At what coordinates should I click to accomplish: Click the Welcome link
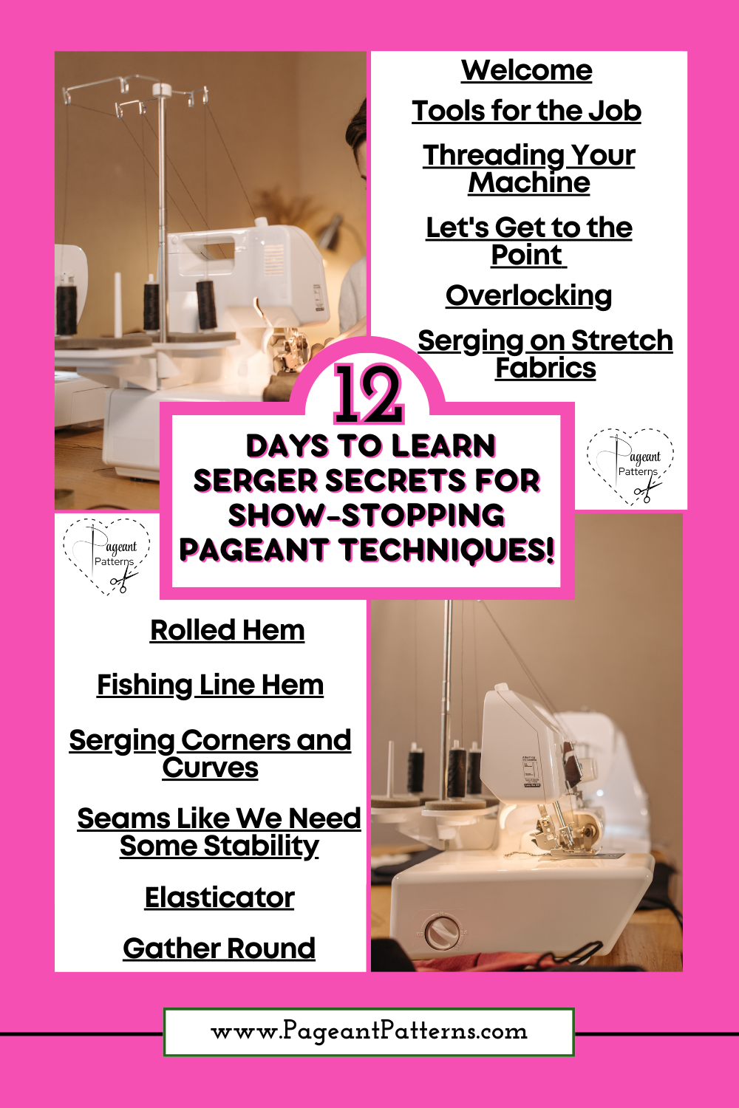527,70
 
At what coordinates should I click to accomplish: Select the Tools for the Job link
527,111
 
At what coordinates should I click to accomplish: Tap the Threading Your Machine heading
529,168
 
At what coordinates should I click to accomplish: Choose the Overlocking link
528,295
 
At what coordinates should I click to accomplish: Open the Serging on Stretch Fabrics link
545,354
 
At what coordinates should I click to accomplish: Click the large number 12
369,394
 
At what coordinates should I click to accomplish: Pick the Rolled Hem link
227,630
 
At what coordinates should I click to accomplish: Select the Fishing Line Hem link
211,685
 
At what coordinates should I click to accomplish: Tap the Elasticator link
219,897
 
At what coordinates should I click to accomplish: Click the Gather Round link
219,948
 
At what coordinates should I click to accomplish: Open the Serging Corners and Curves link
211,754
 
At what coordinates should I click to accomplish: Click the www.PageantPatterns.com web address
369,1031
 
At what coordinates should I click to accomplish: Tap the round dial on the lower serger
440,933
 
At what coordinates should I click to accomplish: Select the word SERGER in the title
256,481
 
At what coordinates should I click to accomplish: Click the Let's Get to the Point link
529,242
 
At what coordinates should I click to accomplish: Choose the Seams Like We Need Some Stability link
219,832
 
